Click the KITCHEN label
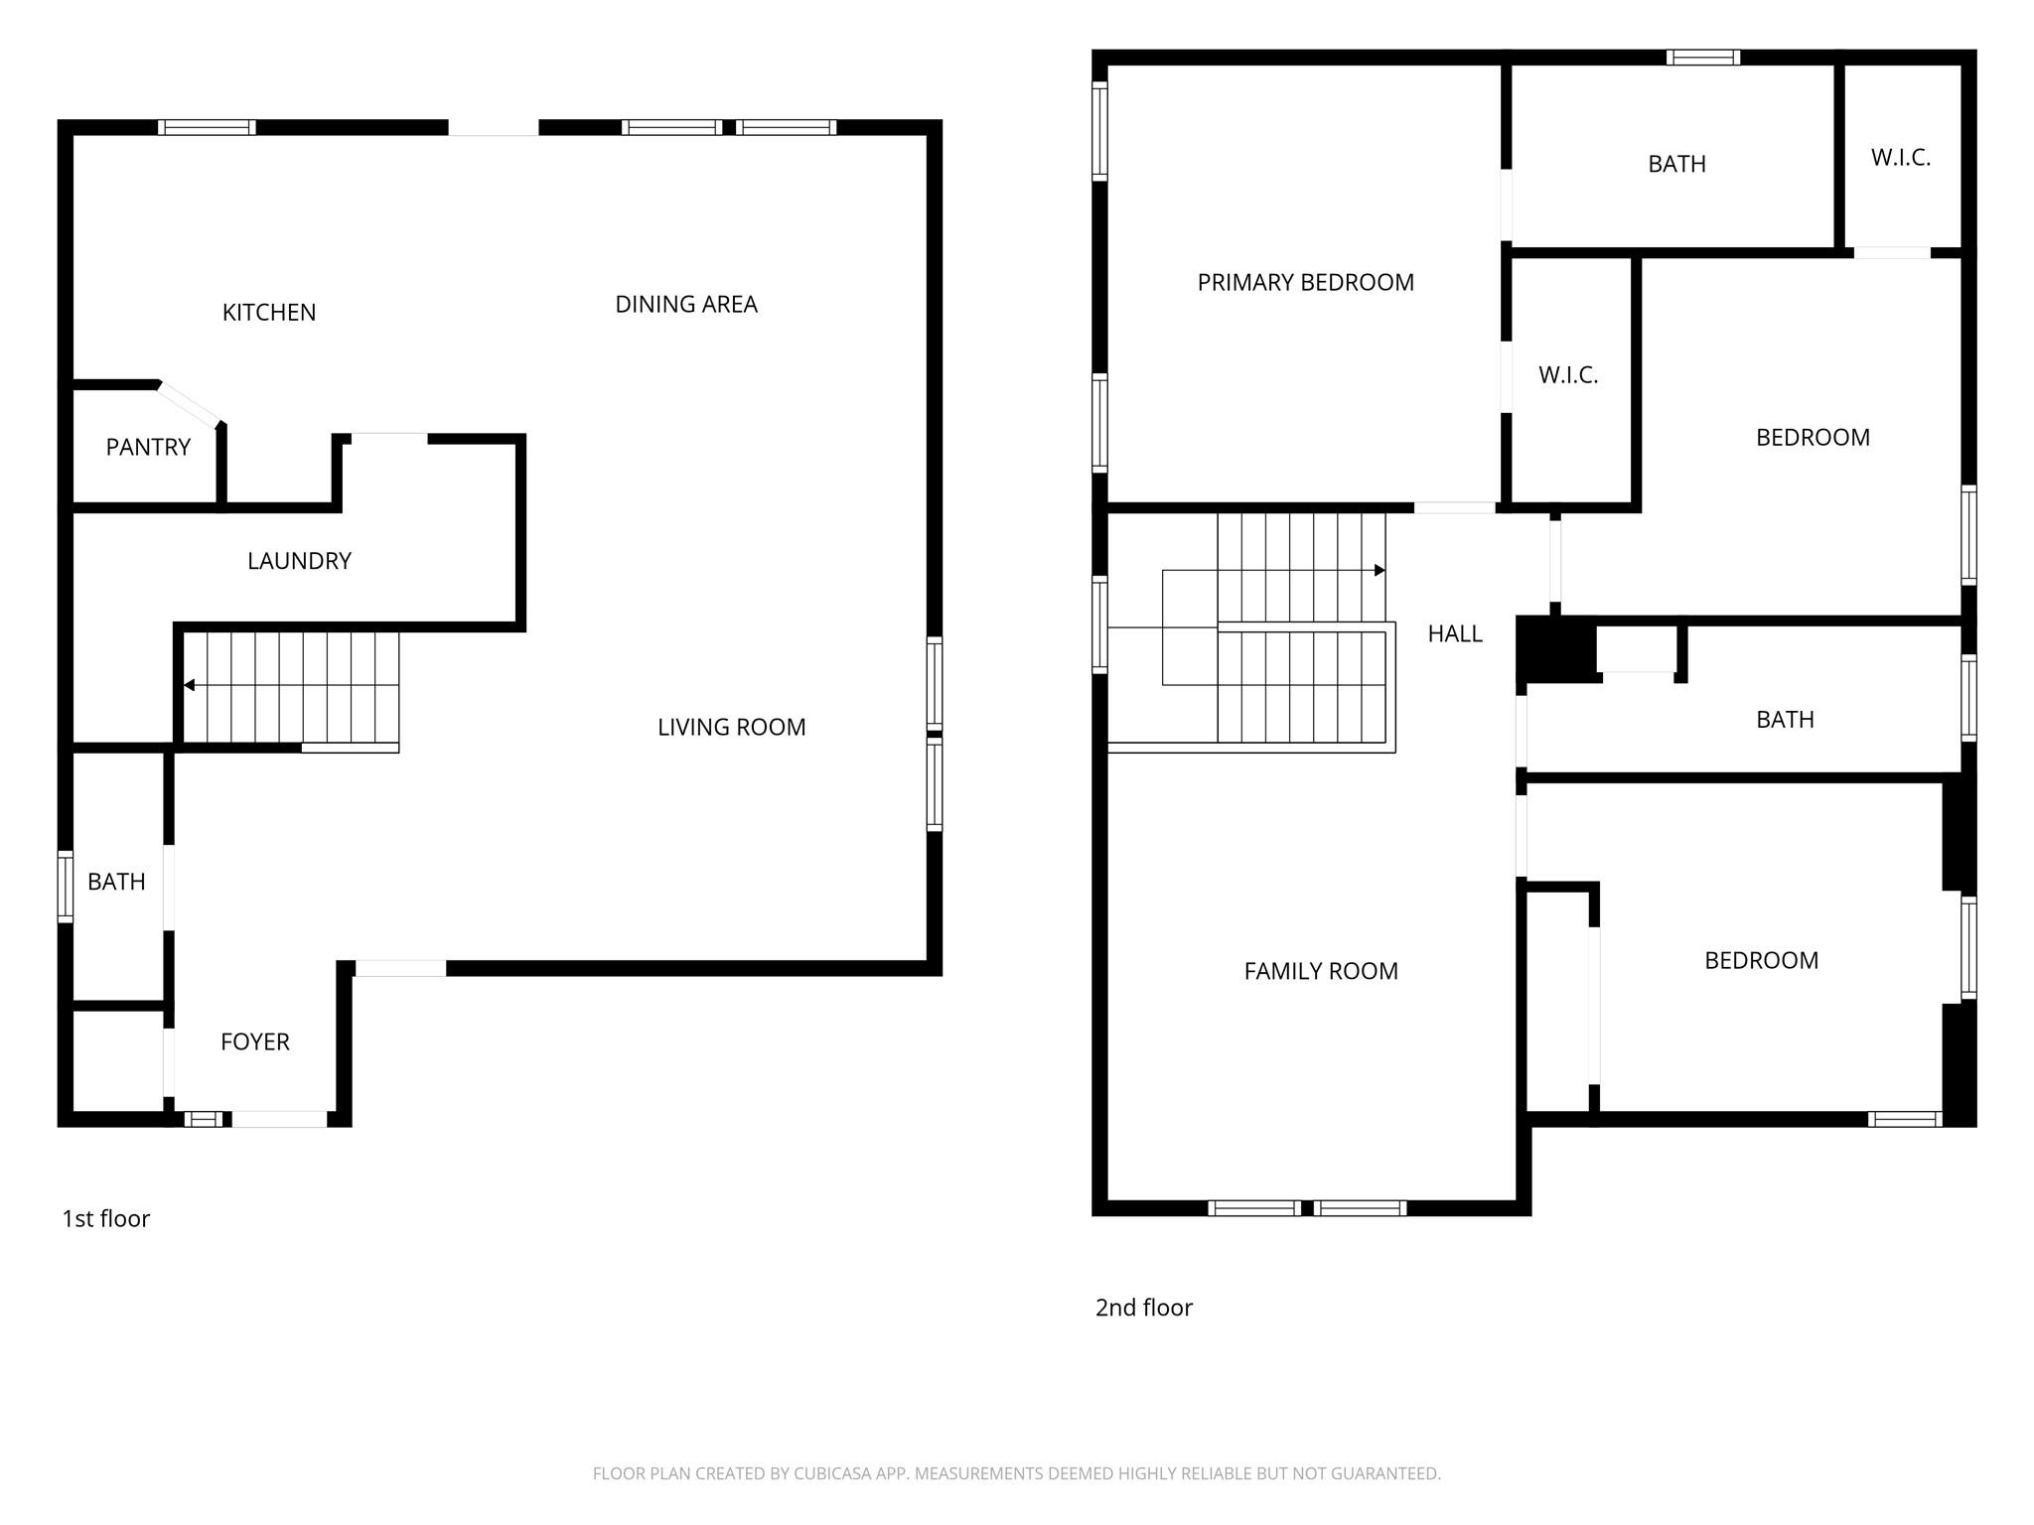(269, 313)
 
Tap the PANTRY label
(148, 448)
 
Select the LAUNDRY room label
(299, 561)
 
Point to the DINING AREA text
(686, 305)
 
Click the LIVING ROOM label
(731, 728)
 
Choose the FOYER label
(255, 1042)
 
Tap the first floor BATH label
(116, 882)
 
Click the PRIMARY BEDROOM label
(1305, 283)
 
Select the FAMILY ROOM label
(1321, 972)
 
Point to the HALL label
(1455, 634)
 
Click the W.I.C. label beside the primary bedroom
(1568, 375)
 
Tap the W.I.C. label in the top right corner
(1900, 158)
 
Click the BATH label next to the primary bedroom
(1676, 165)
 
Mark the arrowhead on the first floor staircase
(189, 685)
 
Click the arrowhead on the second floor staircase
(1380, 570)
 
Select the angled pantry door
(189, 404)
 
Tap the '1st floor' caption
(106, 1219)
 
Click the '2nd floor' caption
(1143, 1309)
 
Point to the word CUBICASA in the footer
(831, 1474)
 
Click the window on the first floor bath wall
(66, 887)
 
